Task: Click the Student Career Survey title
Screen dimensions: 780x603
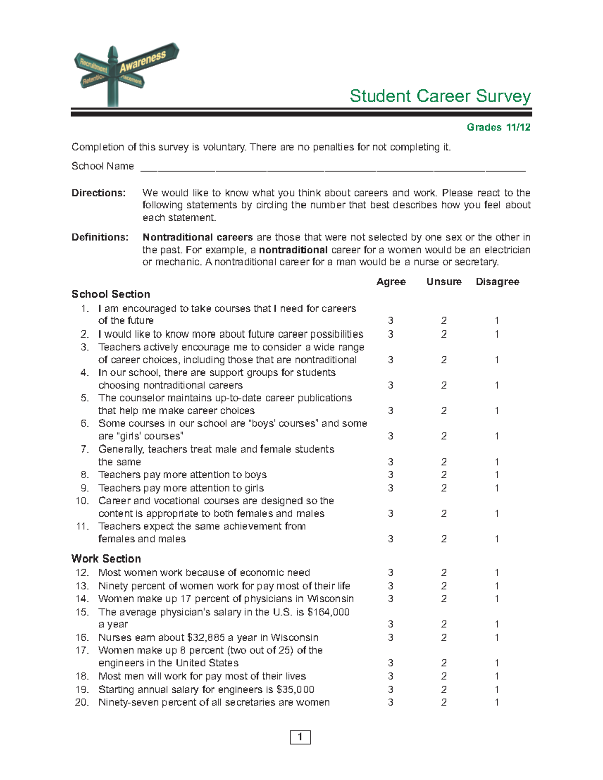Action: tap(440, 96)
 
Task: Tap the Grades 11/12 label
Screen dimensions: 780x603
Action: tap(498, 127)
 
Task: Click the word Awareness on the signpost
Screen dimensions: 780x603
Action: tap(143, 62)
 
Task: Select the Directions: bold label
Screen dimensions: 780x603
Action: tap(98, 193)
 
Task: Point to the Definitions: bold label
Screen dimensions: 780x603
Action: tap(100, 237)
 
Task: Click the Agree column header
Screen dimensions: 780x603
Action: tap(391, 282)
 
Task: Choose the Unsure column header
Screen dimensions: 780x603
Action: tap(444, 282)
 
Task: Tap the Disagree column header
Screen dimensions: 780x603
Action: tap(497, 282)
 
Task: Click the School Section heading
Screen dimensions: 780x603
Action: tap(111, 294)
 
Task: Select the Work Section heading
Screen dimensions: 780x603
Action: tap(106, 559)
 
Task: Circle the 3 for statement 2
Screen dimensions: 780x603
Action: tap(391, 335)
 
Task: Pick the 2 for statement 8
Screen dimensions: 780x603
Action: tap(444, 475)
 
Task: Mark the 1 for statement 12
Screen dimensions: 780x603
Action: tap(497, 573)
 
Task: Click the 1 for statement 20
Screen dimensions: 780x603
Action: tap(497, 702)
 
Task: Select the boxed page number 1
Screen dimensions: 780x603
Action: tap(300, 737)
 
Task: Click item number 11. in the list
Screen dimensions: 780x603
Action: tap(82, 526)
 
